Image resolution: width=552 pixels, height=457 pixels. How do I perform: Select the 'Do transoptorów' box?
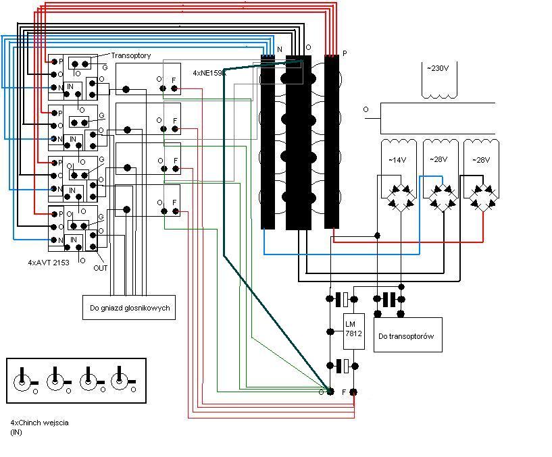[x=407, y=335]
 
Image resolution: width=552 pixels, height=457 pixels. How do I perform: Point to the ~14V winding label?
[x=397, y=160]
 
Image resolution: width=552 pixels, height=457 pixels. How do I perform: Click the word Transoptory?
[x=131, y=55]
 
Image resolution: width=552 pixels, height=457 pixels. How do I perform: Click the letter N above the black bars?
[x=280, y=49]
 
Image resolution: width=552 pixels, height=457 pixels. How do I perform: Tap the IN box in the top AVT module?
[x=70, y=87]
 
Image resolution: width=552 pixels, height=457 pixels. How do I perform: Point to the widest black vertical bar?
[x=298, y=142]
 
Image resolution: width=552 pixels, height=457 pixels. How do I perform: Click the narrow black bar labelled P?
[x=331, y=141]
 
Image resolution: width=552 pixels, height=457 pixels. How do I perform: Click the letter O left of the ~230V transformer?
[x=366, y=109]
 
